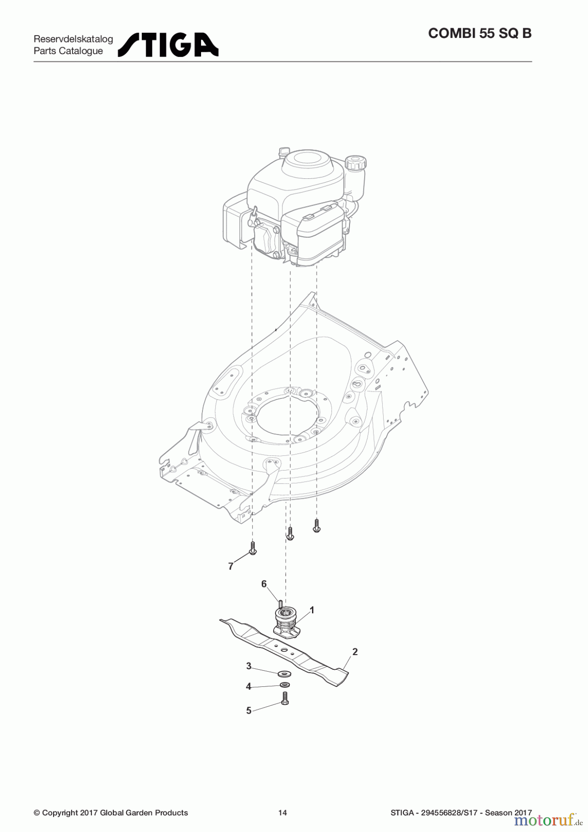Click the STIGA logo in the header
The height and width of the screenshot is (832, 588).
168,45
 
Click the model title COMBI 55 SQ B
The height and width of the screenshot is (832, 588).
480,34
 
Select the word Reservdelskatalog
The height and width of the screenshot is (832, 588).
73,39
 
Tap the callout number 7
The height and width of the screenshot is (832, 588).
231,566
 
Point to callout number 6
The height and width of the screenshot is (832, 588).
264,584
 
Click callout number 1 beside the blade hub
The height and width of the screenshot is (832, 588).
312,610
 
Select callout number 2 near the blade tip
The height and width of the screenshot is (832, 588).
355,652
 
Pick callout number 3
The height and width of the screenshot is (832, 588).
249,666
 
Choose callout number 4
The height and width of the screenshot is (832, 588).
249,686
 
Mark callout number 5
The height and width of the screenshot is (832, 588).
249,710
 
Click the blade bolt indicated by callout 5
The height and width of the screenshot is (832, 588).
285,698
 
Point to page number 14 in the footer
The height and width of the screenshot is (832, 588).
282,813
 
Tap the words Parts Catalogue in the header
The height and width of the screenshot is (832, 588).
68,51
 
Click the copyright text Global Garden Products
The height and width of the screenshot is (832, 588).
144,813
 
